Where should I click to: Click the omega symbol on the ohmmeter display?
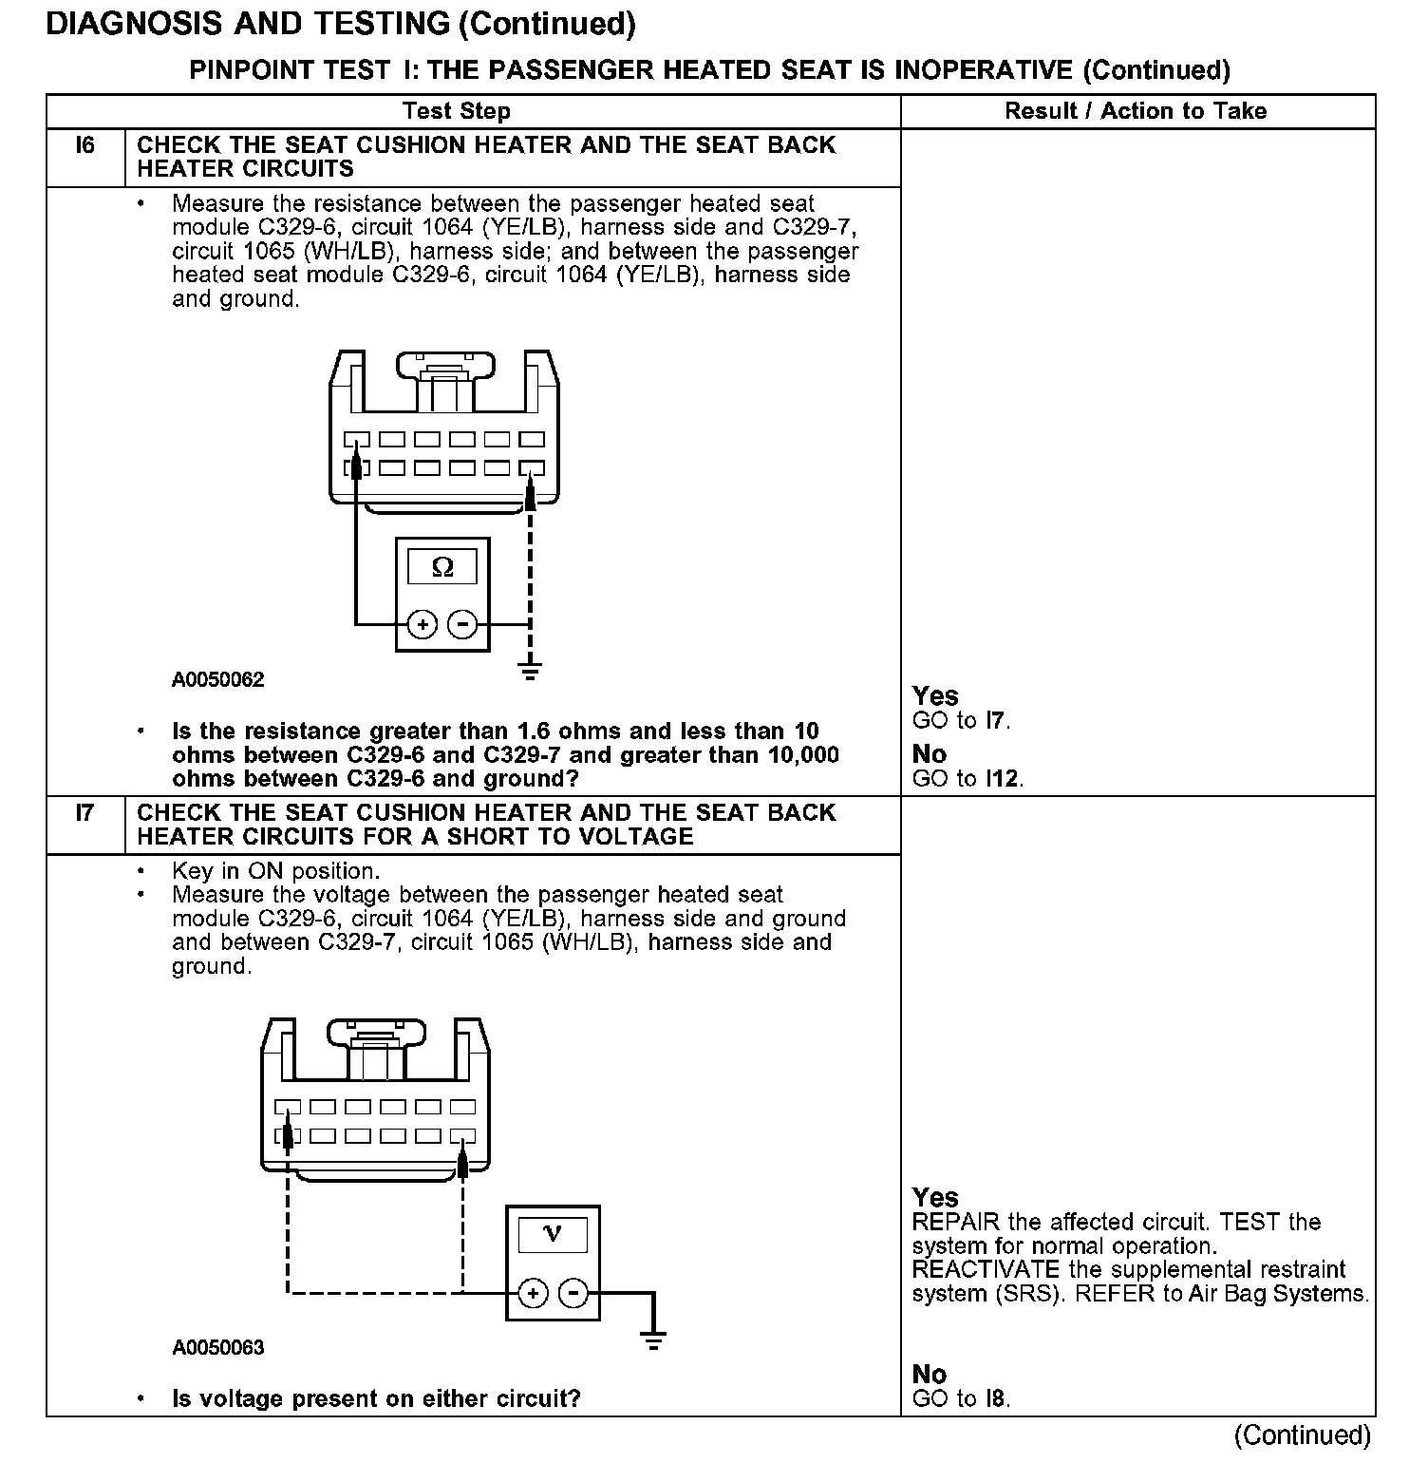[x=442, y=567]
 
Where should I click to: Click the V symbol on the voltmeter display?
[x=553, y=1234]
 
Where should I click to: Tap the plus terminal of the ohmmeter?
[x=423, y=625]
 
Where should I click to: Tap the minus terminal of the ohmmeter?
[x=462, y=625]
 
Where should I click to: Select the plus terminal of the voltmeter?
[x=534, y=1293]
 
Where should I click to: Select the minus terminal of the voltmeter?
[x=573, y=1293]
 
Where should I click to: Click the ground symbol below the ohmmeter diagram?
[x=531, y=671]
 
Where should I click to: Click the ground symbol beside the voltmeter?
[x=653, y=1340]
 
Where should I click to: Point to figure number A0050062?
[x=218, y=680]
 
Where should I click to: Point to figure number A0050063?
[x=218, y=1348]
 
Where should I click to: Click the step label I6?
[x=85, y=146]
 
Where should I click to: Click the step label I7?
[x=85, y=814]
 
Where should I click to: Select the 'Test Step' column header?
[x=456, y=111]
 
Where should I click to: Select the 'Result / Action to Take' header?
[x=1136, y=111]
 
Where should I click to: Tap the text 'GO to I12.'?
[x=968, y=779]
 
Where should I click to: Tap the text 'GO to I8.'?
[x=961, y=1398]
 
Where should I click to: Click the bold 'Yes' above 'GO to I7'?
[x=935, y=695]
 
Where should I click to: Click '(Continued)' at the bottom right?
[x=1303, y=1434]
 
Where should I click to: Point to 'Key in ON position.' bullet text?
[x=275, y=871]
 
